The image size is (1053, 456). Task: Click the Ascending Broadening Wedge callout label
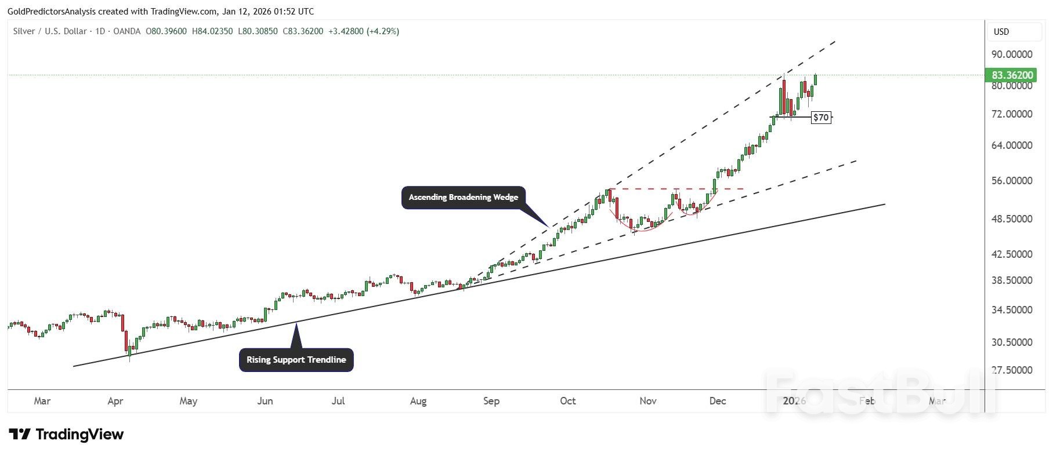(x=463, y=198)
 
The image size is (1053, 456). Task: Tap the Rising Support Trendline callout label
(x=296, y=360)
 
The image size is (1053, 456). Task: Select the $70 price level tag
(x=821, y=118)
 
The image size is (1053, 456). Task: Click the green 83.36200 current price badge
(x=1012, y=75)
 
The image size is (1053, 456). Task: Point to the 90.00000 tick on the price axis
(x=1012, y=54)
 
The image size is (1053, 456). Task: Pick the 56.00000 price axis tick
(x=1012, y=181)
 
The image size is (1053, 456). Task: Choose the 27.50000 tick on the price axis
(x=1012, y=370)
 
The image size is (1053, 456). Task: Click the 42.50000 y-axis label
(x=1012, y=254)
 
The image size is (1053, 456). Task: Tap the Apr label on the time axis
(x=115, y=401)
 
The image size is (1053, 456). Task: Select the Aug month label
(x=418, y=401)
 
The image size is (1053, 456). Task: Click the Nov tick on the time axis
(x=647, y=401)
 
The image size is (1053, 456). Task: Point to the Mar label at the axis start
(x=42, y=401)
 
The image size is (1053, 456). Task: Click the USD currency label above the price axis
(x=1001, y=32)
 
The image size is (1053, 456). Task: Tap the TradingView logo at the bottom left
(x=66, y=435)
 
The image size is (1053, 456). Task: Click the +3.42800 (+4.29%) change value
(x=364, y=31)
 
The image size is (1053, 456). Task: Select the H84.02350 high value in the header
(x=212, y=31)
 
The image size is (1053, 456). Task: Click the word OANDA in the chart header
(x=126, y=31)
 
